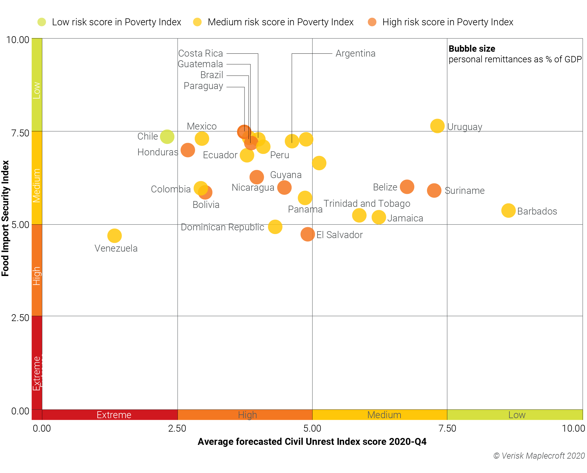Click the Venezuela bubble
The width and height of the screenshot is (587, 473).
pyautogui.click(x=114, y=236)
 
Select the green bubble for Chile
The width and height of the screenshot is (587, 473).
pyautogui.click(x=167, y=136)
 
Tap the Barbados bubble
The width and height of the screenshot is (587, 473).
pyautogui.click(x=508, y=211)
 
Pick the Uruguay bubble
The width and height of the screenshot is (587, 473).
pyautogui.click(x=437, y=126)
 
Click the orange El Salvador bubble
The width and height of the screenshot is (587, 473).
pyautogui.click(x=307, y=234)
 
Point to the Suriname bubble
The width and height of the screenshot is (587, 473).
pyautogui.click(x=434, y=190)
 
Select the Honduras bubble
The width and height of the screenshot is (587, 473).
pyautogui.click(x=188, y=150)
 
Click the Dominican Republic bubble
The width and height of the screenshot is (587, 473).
pyautogui.click(x=275, y=227)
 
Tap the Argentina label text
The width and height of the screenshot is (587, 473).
pyautogui.click(x=355, y=53)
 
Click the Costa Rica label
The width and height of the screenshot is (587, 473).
pyautogui.click(x=200, y=53)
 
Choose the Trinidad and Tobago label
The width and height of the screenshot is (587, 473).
pyautogui.click(x=367, y=203)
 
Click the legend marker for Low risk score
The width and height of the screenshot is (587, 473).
pyautogui.click(x=42, y=22)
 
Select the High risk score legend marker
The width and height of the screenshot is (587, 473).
pyautogui.click(x=372, y=22)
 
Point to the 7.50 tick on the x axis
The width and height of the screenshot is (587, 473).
pyautogui.click(x=447, y=428)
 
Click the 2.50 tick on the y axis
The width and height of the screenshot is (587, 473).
pyautogui.click(x=20, y=318)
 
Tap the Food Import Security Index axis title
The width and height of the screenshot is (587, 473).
pyautogui.click(x=5, y=218)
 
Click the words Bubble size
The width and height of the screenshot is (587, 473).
pyautogui.click(x=471, y=49)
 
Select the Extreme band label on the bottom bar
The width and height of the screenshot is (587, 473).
pyautogui.click(x=114, y=415)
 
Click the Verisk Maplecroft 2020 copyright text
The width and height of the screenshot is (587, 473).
pyautogui.click(x=539, y=455)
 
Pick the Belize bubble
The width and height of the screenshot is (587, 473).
pyautogui.click(x=407, y=187)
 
